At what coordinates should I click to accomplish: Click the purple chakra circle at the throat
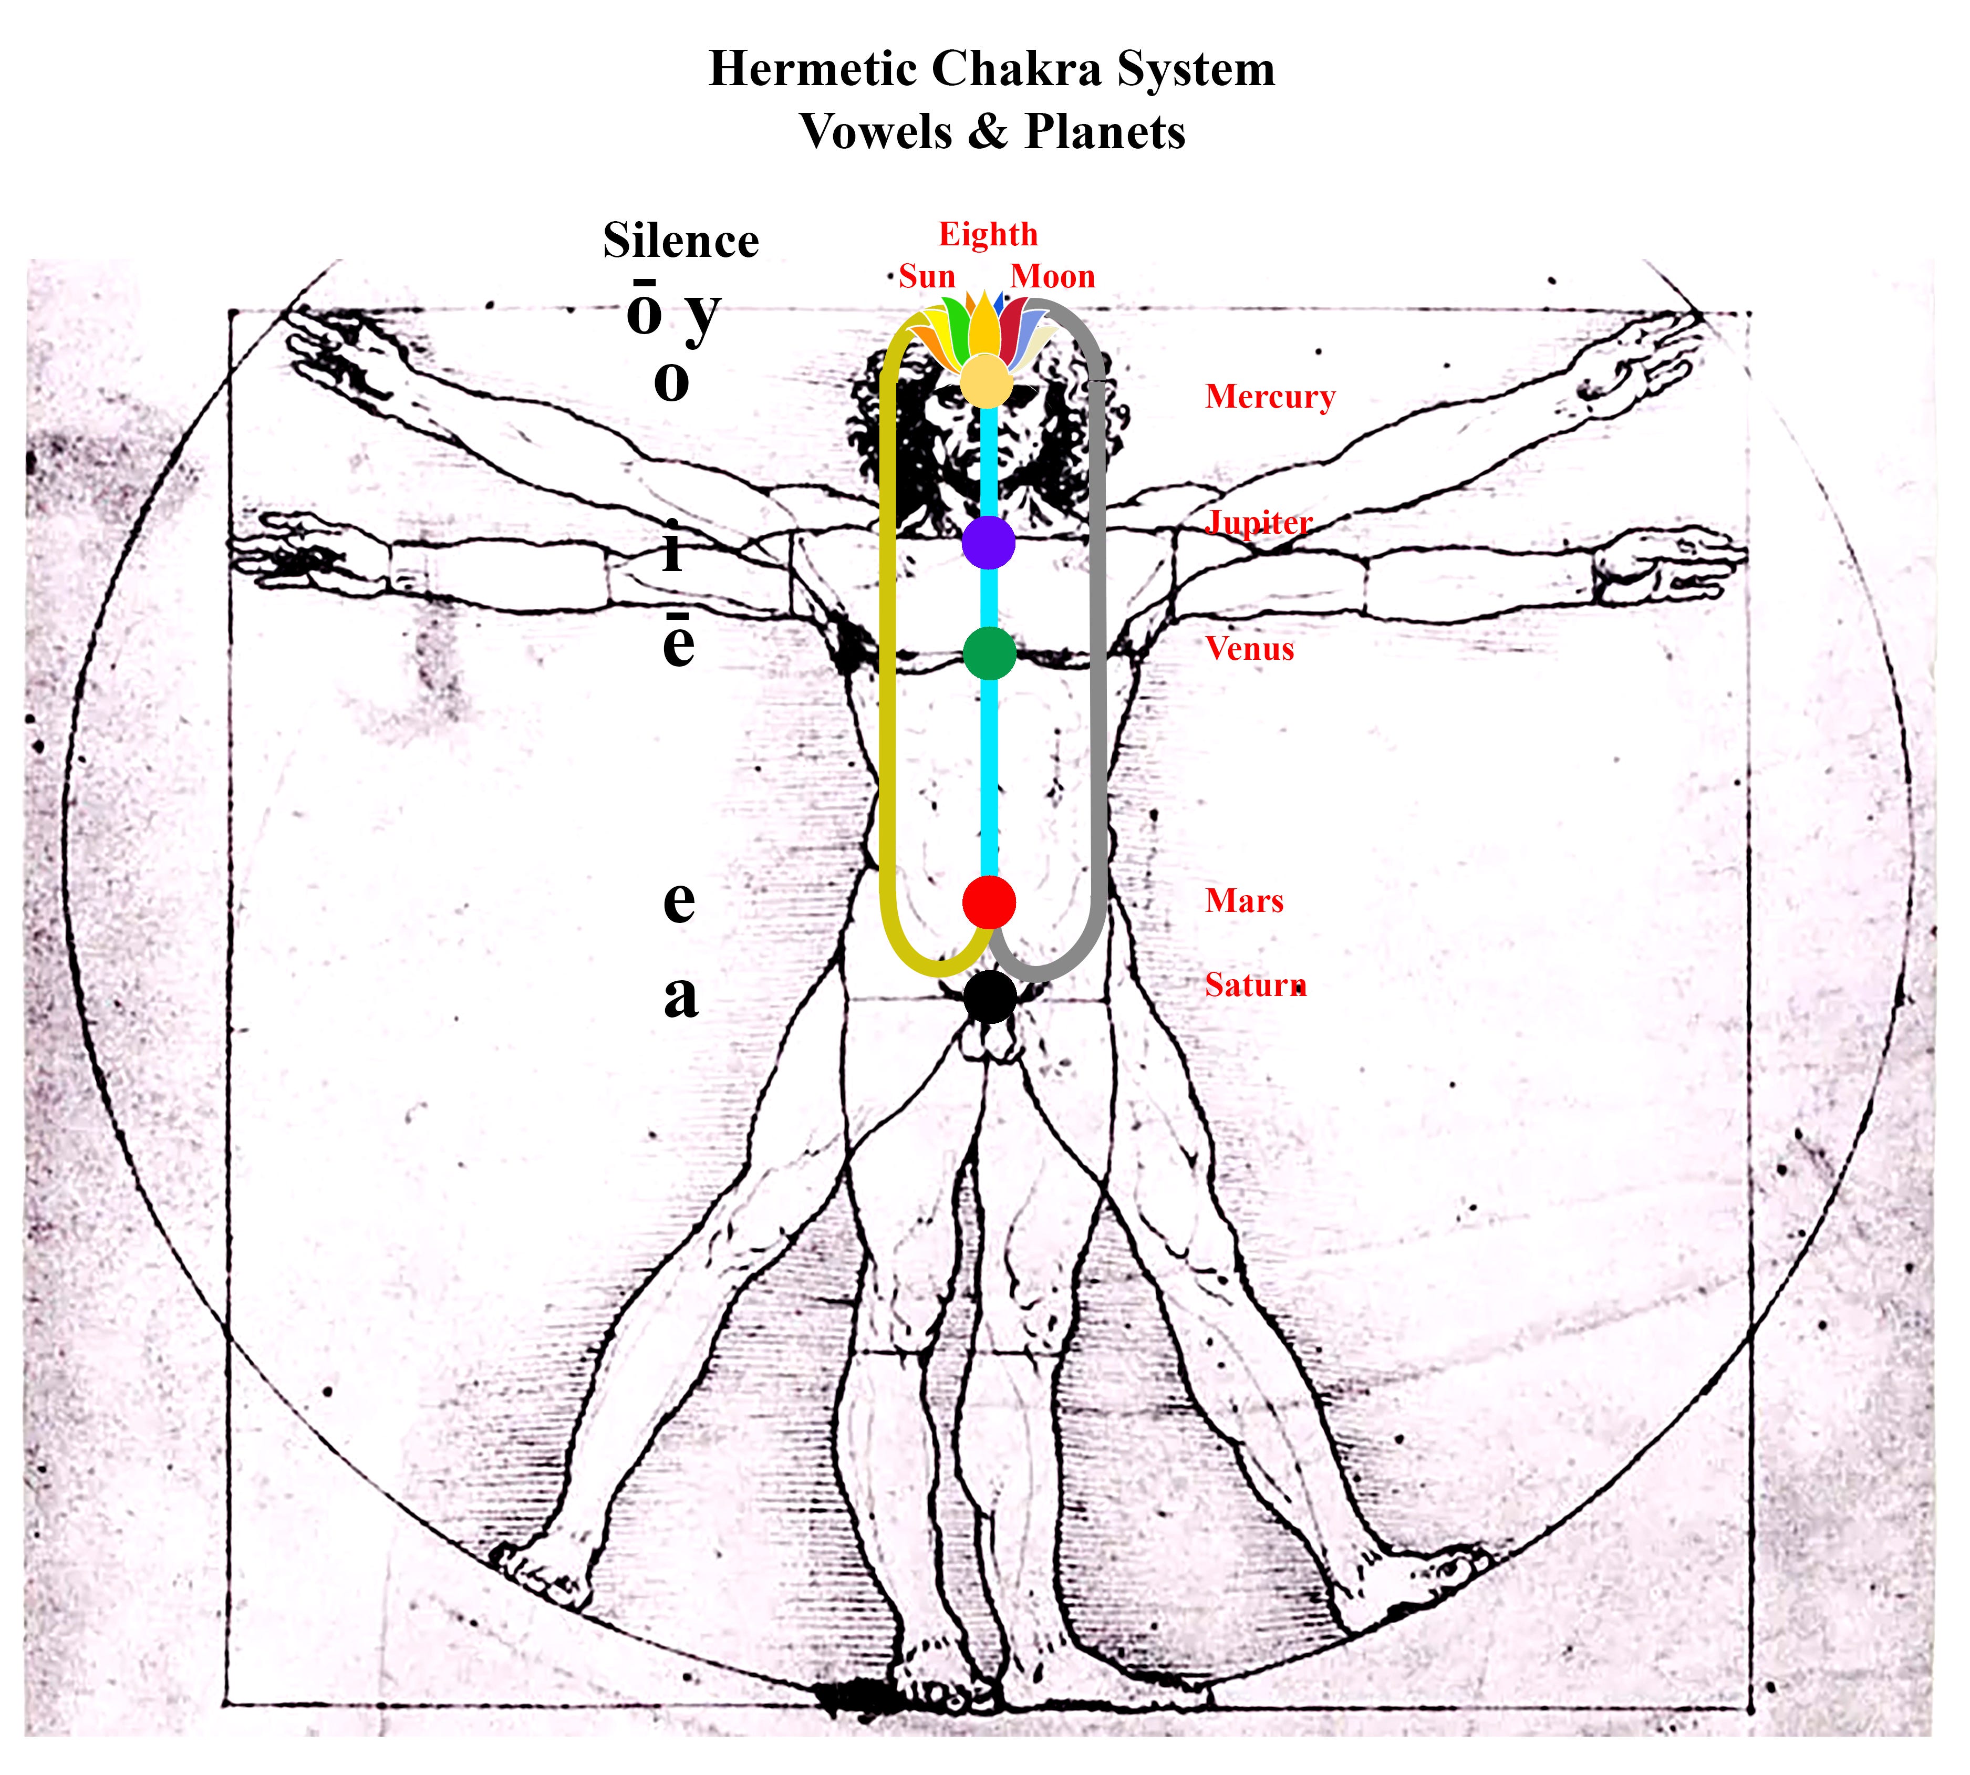(988, 542)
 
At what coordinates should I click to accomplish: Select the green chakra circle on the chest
(989, 652)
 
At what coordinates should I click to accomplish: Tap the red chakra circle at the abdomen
(989, 902)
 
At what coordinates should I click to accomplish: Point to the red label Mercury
(1270, 397)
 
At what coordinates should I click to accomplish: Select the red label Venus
(1249, 649)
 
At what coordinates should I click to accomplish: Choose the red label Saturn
(1255, 985)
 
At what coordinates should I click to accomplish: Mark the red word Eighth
(988, 234)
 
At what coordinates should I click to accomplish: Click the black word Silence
(681, 241)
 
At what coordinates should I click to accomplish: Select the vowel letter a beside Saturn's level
(681, 997)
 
